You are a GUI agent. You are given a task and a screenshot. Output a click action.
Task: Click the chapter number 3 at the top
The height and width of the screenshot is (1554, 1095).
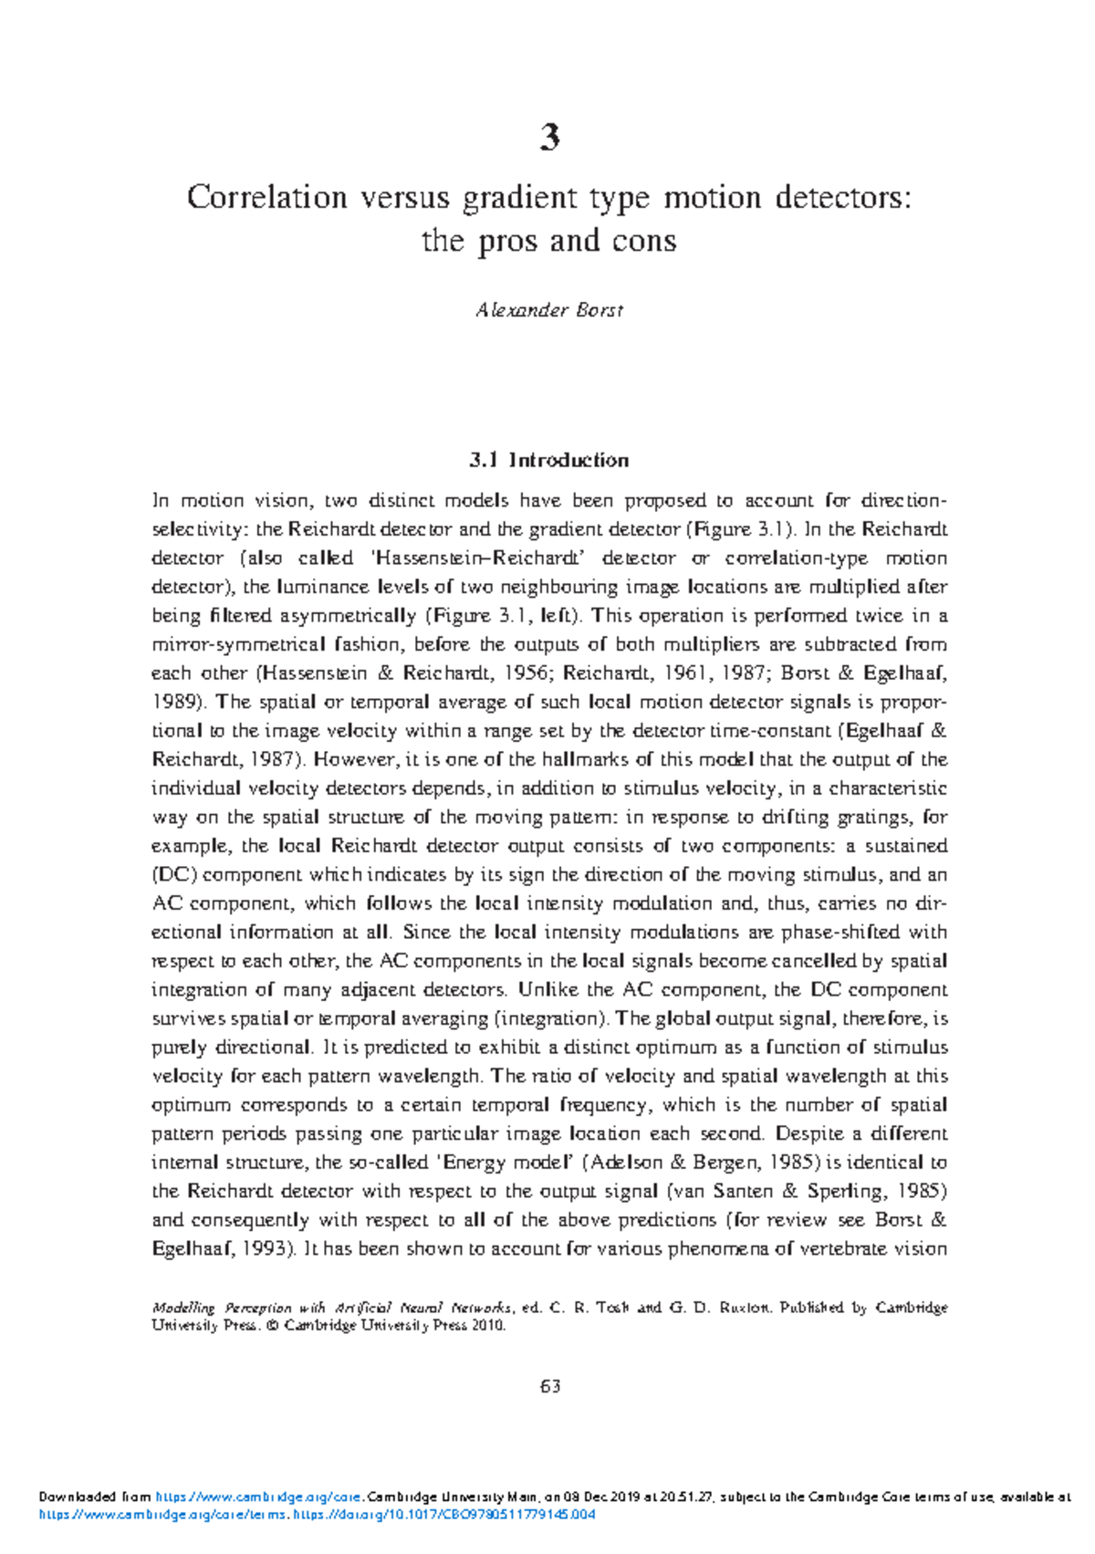549,138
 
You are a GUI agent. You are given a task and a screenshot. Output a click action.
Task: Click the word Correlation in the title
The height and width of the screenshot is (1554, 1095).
266,197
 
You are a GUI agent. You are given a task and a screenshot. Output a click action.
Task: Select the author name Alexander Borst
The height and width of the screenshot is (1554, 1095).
549,310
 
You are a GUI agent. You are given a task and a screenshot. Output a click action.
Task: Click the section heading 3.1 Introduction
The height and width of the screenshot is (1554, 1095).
549,460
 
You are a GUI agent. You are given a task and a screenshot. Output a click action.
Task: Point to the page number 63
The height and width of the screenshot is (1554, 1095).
549,1386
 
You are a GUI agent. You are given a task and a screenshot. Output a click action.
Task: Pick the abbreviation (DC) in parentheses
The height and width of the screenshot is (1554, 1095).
172,875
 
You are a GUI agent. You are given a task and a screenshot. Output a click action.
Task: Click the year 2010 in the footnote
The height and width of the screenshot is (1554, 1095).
488,1326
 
